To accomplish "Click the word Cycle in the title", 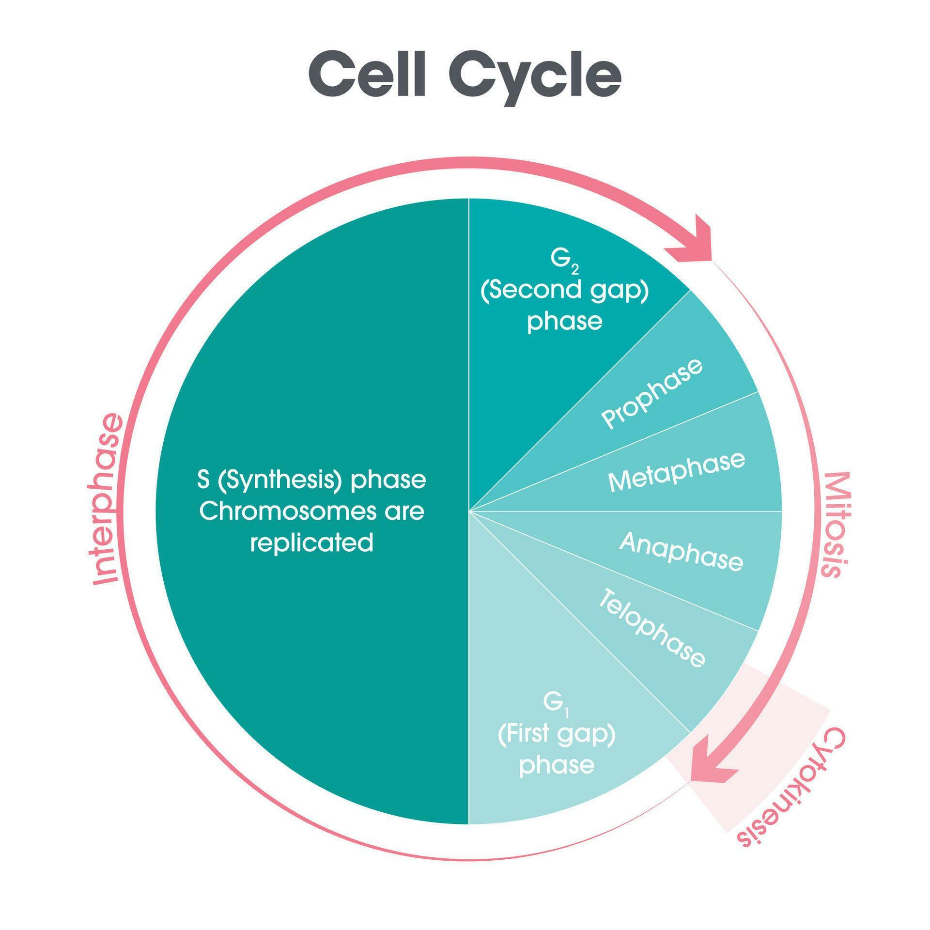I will point(535,77).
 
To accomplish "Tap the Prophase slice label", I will point(651,393).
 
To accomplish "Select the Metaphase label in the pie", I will point(676,471).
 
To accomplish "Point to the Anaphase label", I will point(681,551).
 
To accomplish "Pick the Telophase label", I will point(651,628).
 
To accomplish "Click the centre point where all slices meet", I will point(469,511).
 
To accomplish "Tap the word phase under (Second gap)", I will point(564,321).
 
